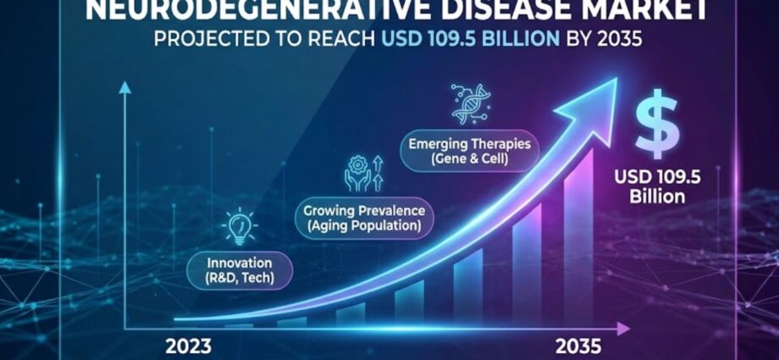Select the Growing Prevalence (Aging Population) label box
(364, 218)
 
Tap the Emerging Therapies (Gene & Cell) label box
(468, 151)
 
